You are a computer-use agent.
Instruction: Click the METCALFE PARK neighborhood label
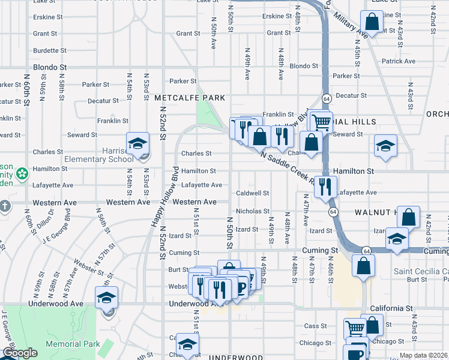click(x=190, y=98)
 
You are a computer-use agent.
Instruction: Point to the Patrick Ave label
click(x=398, y=61)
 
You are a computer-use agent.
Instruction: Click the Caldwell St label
click(x=252, y=193)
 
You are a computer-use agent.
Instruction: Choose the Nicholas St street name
click(x=252, y=211)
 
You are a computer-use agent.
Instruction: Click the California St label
click(x=390, y=308)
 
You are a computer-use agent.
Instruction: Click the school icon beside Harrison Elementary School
click(x=137, y=144)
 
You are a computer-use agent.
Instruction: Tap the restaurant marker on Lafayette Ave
click(x=325, y=186)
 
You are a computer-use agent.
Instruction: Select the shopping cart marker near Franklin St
click(x=321, y=122)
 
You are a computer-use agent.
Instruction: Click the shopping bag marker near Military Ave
click(x=372, y=23)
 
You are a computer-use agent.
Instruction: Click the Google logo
click(x=20, y=353)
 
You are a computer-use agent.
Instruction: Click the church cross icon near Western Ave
click(x=5, y=206)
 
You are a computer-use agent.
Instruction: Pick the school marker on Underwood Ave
click(x=106, y=298)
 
